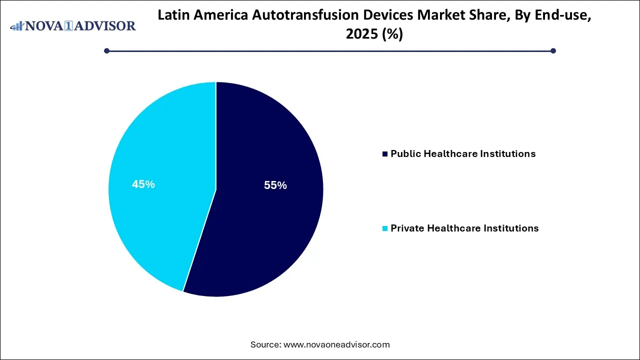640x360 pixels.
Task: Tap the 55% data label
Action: [x=275, y=185]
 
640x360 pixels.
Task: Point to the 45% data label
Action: [x=143, y=184]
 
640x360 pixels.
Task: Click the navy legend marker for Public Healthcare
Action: [x=384, y=154]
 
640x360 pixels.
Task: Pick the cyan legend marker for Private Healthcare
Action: [x=384, y=228]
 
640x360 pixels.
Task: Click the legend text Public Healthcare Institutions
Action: [x=463, y=154]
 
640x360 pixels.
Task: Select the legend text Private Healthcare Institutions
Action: [x=464, y=228]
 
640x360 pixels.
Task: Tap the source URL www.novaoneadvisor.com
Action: [x=336, y=344]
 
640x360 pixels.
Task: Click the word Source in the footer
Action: [x=265, y=344]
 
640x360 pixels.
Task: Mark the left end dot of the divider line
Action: [x=106, y=50]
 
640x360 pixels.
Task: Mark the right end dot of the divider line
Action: [x=553, y=50]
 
